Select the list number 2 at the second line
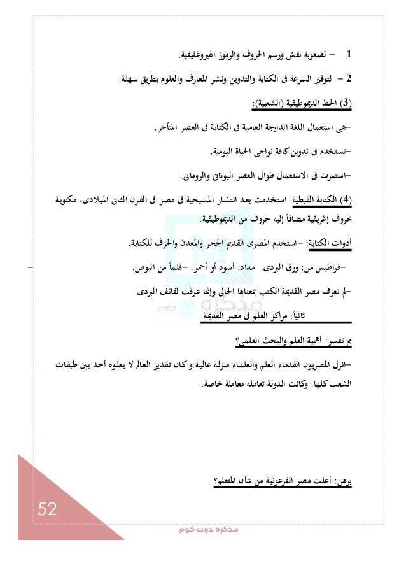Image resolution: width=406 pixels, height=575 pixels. click(x=356, y=80)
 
